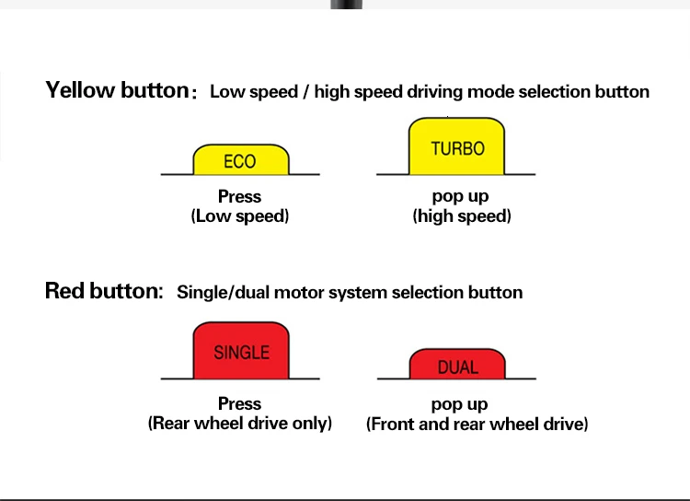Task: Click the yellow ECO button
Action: point(240,160)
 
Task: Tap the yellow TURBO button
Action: point(457,147)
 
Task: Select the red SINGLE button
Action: point(241,351)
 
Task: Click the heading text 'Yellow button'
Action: point(117,90)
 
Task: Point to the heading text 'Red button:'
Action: point(103,291)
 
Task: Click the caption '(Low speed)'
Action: point(240,216)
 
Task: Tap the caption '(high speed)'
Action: point(461,216)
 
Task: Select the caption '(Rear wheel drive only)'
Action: point(240,424)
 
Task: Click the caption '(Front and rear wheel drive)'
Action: point(477,424)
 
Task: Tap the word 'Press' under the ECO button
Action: point(240,197)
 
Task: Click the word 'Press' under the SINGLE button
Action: point(240,404)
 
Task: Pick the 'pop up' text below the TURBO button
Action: point(460,196)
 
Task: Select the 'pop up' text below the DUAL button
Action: point(460,404)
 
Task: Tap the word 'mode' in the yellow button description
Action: point(490,92)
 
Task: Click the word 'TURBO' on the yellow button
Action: point(457,148)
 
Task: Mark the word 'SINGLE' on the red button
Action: point(241,352)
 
